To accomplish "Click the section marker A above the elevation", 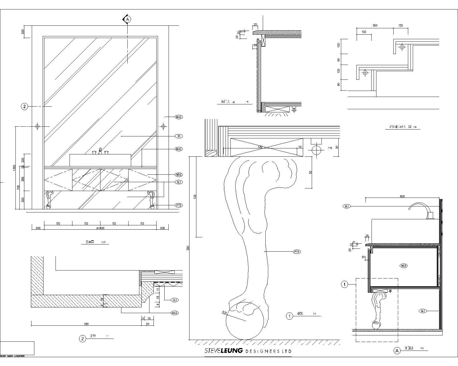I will [x=127, y=19].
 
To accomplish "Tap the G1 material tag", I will [x=179, y=136].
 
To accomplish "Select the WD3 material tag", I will [x=179, y=175].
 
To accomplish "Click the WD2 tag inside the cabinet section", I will [x=404, y=266].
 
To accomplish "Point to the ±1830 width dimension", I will [x=100, y=228].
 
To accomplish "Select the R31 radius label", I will [x=224, y=313].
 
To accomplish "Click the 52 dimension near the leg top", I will [x=311, y=172].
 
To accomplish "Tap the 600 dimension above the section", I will [x=402, y=196].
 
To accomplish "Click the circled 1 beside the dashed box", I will [x=345, y=285].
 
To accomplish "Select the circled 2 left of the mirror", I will [x=25, y=107].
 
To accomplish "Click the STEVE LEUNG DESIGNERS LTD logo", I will [x=248, y=351].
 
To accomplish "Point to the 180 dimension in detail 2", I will [x=86, y=324].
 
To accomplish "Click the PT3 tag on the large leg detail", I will [x=297, y=252].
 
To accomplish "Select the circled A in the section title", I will [x=397, y=351].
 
